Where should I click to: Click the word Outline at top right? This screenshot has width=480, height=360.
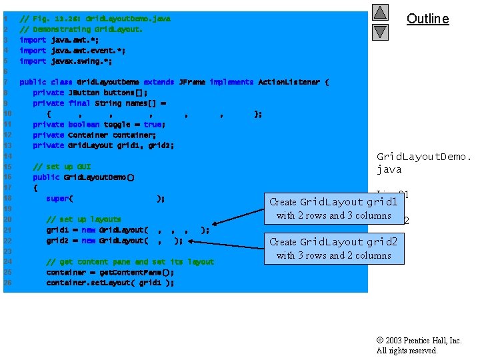427,19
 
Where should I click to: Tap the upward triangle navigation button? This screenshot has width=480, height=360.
380,12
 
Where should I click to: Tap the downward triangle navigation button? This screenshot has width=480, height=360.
380,31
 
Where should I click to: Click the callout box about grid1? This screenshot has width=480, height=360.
333,208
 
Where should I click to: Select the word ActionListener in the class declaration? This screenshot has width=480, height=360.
289,82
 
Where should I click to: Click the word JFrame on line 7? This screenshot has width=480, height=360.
192,82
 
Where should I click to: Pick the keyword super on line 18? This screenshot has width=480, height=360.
57,198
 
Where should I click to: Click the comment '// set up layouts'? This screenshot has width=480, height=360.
83,219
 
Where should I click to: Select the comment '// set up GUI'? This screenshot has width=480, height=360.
61,167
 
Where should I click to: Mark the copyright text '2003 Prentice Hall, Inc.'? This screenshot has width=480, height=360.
423,341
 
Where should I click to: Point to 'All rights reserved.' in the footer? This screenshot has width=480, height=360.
407,351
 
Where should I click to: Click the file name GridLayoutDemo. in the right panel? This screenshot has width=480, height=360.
424,157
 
